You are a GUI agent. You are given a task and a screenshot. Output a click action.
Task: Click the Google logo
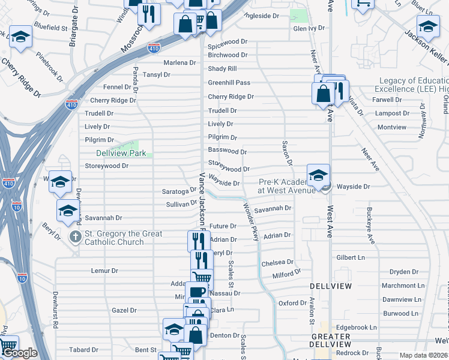19,353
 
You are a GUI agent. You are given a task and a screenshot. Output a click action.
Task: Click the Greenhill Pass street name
229,83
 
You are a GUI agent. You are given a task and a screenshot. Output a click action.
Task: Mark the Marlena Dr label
179,62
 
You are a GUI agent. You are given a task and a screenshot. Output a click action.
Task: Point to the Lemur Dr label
104,271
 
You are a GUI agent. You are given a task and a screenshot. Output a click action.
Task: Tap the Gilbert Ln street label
351,257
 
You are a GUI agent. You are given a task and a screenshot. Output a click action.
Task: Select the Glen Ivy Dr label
309,28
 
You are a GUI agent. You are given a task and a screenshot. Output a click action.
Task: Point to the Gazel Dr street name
124,311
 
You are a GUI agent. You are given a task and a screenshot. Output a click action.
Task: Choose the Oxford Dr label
292,303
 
